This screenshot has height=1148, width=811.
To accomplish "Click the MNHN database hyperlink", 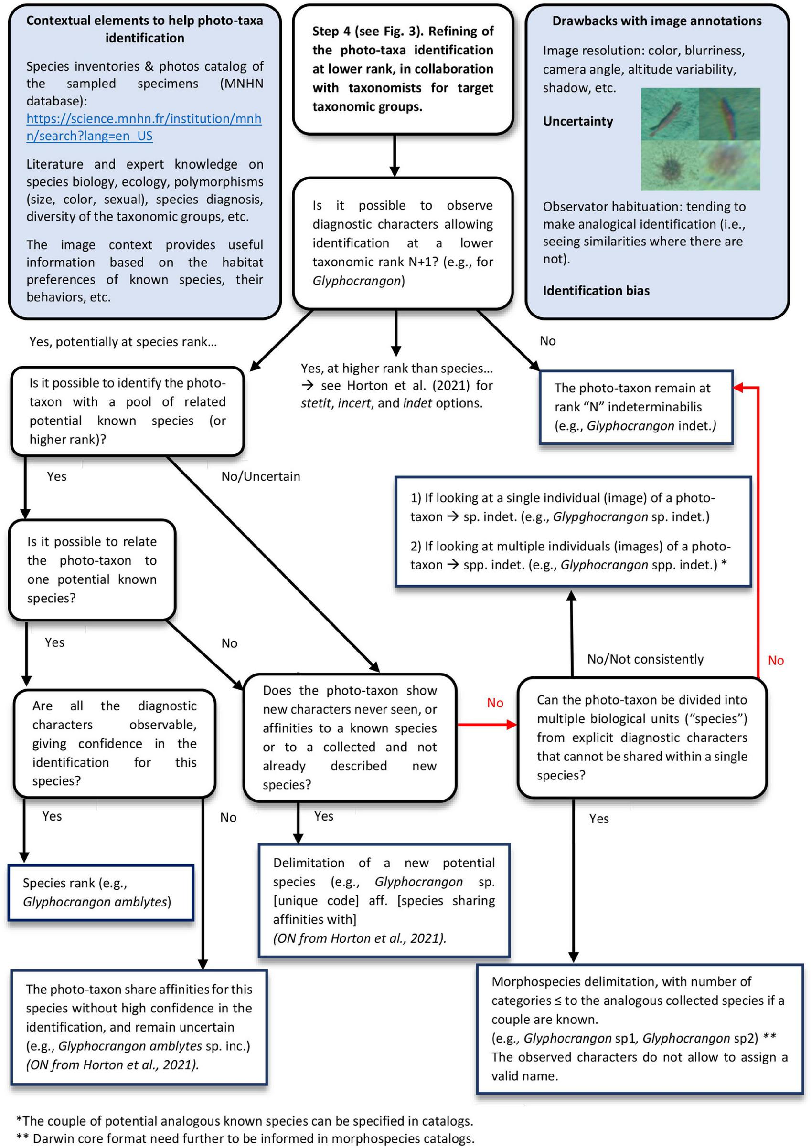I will [144, 127].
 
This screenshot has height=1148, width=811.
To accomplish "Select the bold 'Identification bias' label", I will [596, 291].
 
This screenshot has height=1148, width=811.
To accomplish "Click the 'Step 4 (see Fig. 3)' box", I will [402, 69].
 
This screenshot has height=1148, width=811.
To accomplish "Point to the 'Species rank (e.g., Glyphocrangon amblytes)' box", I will [101, 893].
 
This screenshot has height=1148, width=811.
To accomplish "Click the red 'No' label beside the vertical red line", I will [775, 661].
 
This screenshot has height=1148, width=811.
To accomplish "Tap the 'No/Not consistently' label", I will [645, 659].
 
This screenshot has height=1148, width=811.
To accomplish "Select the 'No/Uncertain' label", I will [260, 476].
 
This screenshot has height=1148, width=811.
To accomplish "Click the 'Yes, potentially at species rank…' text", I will [123, 341].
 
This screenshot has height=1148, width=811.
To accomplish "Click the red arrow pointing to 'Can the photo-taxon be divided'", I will [487, 725].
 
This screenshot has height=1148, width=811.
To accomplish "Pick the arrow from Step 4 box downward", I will [395, 155].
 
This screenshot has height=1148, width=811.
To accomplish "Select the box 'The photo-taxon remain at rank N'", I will [635, 407].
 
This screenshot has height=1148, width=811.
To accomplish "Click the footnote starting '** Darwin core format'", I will [245, 1138].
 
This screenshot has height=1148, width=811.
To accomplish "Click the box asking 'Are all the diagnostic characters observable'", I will [114, 743].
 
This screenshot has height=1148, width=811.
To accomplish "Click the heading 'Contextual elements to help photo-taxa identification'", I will [144, 29].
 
